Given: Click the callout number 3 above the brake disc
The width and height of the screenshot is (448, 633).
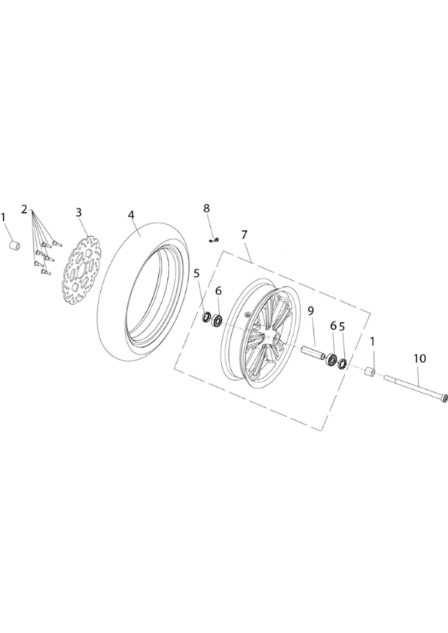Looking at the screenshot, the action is tap(79, 212).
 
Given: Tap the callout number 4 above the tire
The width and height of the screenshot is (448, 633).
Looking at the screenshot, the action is tap(131, 215).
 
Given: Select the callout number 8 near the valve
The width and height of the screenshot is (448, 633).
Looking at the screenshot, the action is tap(206, 208).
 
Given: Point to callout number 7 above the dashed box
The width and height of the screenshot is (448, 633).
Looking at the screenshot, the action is tap(244, 235).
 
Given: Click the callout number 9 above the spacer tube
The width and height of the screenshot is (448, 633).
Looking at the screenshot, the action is tap(311, 311).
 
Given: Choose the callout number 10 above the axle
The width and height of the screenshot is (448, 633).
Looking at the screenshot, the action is tap(419, 358).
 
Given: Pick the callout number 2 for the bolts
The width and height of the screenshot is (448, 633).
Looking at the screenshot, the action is tap(24, 209).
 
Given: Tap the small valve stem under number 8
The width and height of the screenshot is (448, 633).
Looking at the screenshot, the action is tap(214, 240).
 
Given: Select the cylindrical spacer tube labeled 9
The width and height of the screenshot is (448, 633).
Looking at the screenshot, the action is tap(312, 350).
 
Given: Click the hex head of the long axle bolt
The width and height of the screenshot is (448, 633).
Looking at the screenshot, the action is tap(444, 397).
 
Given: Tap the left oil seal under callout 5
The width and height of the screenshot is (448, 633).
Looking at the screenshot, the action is tap(207, 318).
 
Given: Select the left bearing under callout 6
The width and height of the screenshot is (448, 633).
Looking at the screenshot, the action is tap(218, 321).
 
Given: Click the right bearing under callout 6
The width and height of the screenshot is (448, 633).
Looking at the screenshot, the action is tap(332, 360).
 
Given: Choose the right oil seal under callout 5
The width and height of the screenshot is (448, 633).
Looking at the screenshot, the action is tap(343, 364).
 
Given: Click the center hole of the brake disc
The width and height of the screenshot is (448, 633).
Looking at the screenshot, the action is tap(82, 270).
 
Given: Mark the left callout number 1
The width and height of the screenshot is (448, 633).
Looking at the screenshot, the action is tap(4, 218).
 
